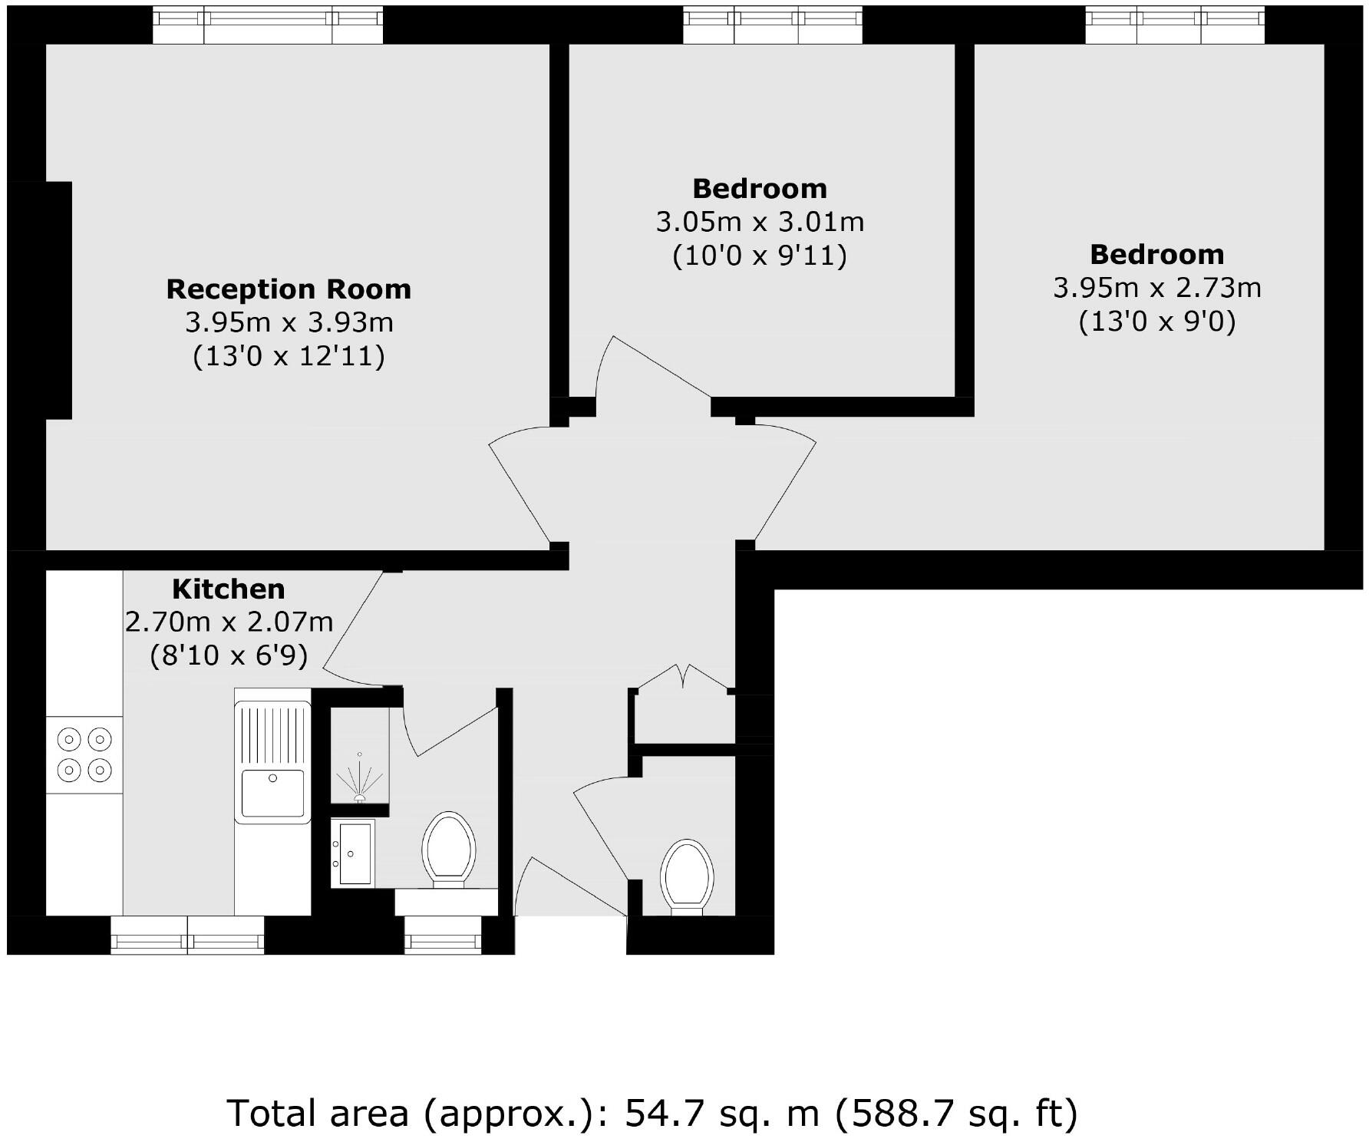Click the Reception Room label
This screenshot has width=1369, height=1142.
click(x=289, y=289)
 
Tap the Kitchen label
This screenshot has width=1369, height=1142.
click(x=228, y=589)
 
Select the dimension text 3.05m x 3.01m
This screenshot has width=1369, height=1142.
click(x=759, y=222)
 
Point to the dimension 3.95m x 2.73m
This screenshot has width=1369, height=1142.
click(x=1156, y=288)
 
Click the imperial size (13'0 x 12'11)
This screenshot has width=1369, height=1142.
click(x=289, y=356)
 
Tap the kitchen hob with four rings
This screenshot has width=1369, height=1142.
click(x=84, y=754)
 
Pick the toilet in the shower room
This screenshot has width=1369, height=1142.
click(x=448, y=850)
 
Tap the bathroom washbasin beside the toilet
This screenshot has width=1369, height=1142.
click(x=353, y=853)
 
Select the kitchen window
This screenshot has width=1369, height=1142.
click(x=187, y=934)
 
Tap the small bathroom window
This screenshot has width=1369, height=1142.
click(x=443, y=935)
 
